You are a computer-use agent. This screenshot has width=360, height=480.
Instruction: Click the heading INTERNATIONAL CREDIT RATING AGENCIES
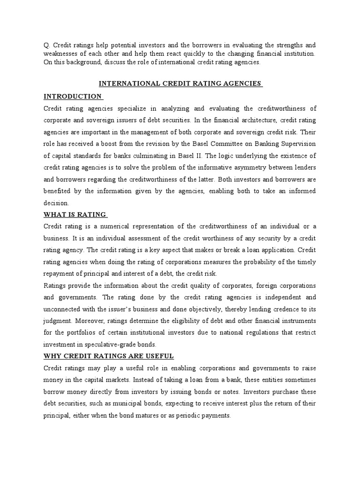[x=180, y=83]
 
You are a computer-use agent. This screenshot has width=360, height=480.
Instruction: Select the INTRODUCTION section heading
[x=72, y=96]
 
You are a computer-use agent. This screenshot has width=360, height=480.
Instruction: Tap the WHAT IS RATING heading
[x=75, y=215]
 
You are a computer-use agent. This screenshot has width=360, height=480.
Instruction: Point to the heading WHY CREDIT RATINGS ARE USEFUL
[x=109, y=356]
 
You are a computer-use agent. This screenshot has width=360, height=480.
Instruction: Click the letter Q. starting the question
[x=46, y=45]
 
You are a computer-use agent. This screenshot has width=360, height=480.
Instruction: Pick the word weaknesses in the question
[x=61, y=53]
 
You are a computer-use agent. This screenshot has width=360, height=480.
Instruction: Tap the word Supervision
[x=297, y=144]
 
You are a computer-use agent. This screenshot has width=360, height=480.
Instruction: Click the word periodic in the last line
[x=188, y=415]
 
